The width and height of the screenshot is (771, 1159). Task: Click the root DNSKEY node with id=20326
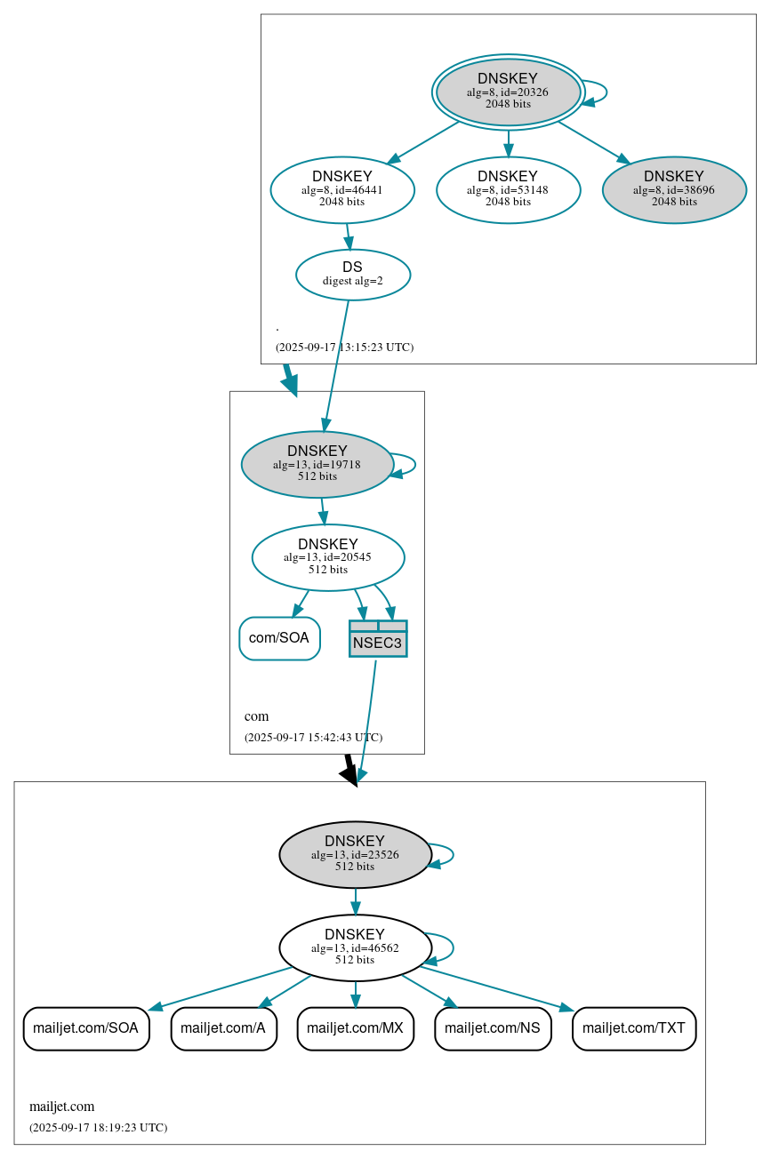coord(508,92)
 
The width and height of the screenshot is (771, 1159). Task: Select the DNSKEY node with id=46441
coord(342,189)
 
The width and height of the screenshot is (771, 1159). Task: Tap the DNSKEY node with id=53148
coord(508,189)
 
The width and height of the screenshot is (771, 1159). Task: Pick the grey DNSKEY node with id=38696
coord(674,189)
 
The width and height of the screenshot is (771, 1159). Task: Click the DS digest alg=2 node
coord(353,275)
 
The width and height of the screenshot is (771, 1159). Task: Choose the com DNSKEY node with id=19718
coord(317,464)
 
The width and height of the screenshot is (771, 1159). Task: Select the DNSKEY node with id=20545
coord(328,557)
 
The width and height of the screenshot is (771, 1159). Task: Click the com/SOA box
coord(279,638)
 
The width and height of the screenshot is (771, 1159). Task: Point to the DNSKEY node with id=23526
coord(355,854)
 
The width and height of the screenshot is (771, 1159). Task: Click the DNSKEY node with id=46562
coord(355,947)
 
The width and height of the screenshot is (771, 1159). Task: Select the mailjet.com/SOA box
coord(85,1028)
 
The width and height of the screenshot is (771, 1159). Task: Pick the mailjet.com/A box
coord(223,1028)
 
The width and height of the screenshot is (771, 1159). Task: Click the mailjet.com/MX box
coord(355,1028)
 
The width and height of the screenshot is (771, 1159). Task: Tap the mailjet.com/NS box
coord(493,1028)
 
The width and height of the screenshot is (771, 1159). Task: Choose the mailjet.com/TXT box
coord(634,1028)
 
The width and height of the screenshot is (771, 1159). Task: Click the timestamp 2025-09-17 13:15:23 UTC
coord(344,348)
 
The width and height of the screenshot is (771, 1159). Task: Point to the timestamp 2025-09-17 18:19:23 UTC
coord(98,1128)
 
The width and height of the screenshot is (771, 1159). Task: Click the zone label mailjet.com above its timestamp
coord(62,1107)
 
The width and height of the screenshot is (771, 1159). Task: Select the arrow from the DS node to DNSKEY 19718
coord(337,364)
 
